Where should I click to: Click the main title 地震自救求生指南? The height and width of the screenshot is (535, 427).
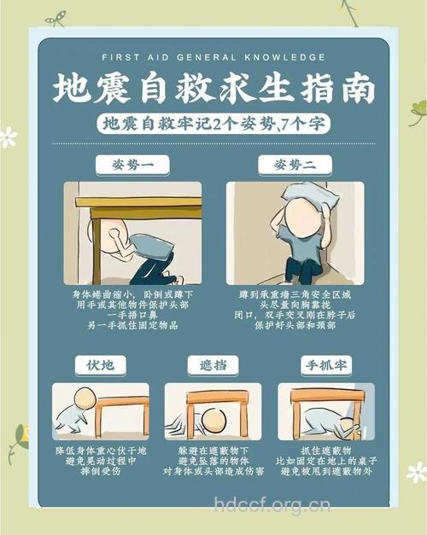point(213,89)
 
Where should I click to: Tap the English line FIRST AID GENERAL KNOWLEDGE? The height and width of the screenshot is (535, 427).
point(213,57)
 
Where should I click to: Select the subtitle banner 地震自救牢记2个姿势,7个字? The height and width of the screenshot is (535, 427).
point(213,125)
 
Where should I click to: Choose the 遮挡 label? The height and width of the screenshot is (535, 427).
point(213,365)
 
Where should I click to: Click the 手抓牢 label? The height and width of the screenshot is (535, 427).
point(325,365)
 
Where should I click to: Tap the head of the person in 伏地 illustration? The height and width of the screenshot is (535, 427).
point(83,398)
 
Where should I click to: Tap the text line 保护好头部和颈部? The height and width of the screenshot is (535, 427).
point(294,325)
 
